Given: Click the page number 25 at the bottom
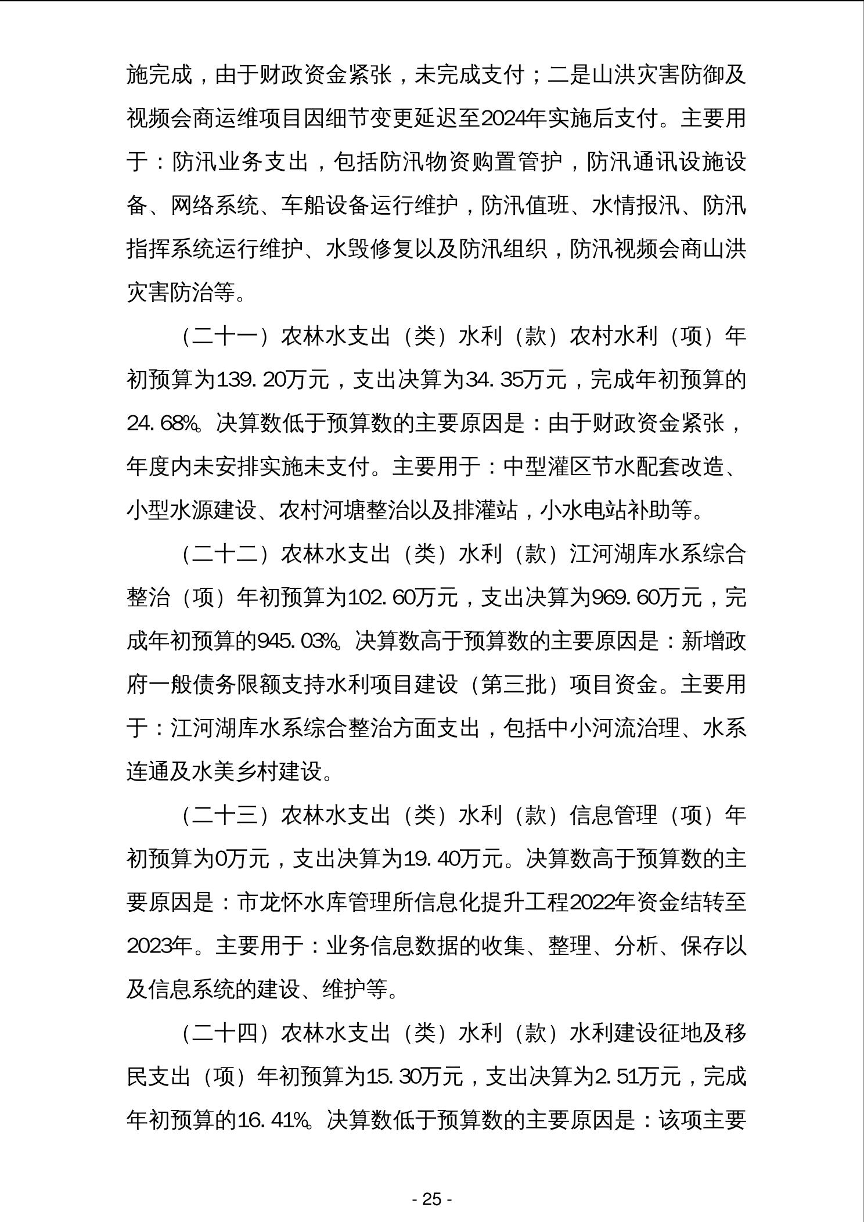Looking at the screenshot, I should (432, 1199).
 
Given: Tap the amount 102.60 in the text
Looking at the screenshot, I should (379, 598).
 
